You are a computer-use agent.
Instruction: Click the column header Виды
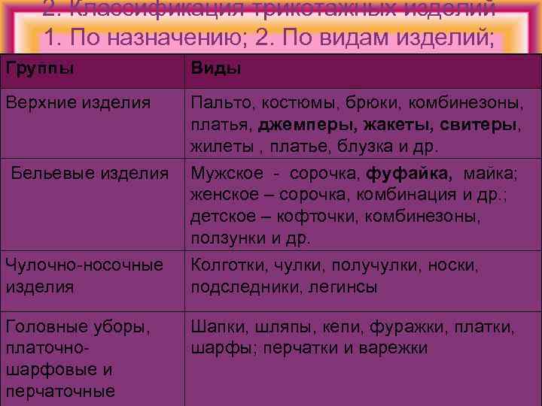tap(215, 69)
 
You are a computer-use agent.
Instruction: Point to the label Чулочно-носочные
tap(84, 265)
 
